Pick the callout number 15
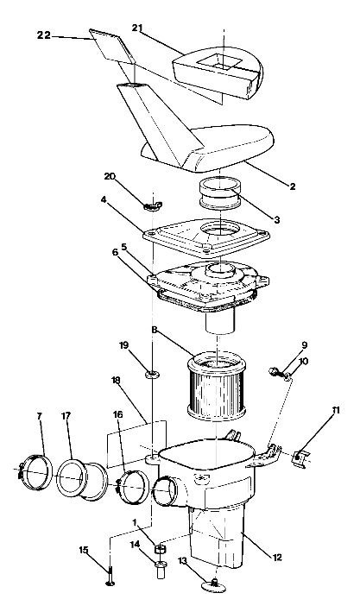84,550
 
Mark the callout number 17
67,416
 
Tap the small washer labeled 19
152,374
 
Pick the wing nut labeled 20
152,205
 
